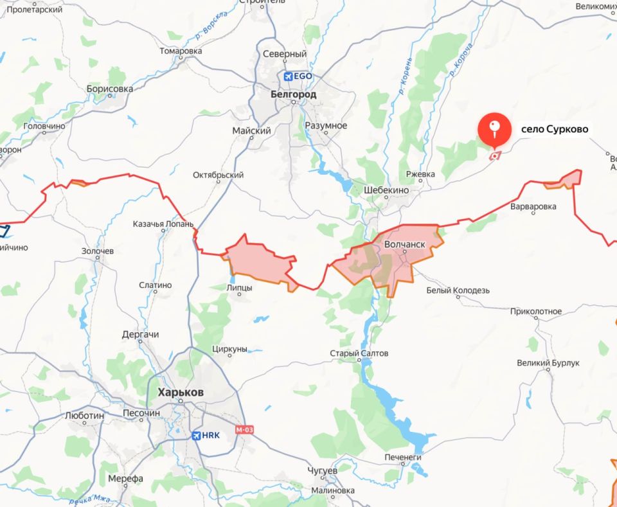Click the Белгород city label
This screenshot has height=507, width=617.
tap(293, 94)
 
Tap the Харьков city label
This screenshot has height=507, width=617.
tap(181, 392)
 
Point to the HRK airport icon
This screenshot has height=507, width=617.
tap(197, 435)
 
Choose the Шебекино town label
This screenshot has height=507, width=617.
tap(386, 190)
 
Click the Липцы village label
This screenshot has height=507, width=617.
tap(240, 288)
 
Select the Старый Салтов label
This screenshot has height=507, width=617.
tap(359, 353)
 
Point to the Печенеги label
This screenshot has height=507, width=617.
tap(403, 457)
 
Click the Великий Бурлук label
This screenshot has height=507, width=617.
tap(548, 363)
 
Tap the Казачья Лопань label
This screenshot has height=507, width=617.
tap(163, 224)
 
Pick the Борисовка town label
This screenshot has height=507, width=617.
tap(110, 89)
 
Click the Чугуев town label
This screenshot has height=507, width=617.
tap(323, 471)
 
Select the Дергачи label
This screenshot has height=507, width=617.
tap(140, 335)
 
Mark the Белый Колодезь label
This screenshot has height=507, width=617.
tap(458, 290)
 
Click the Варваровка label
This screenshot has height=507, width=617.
tap(533, 207)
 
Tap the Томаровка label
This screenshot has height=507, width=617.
tap(181, 51)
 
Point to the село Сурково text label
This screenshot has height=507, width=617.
tap(546, 129)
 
